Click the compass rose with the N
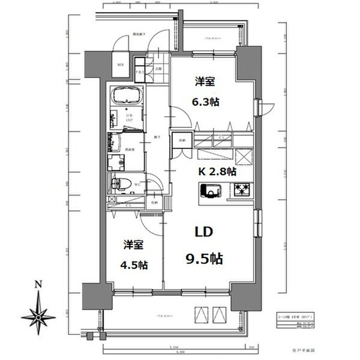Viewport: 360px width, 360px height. (x=38, y=315)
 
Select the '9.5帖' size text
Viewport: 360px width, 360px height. (x=203, y=259)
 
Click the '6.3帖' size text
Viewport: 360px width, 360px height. (x=206, y=101)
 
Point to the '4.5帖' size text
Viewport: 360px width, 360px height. (x=136, y=265)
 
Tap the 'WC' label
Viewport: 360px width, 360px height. (x=137, y=184)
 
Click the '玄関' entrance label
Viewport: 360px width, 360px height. (x=158, y=68)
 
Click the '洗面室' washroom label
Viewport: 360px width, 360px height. (x=128, y=151)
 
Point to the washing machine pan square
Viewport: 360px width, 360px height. (x=116, y=163)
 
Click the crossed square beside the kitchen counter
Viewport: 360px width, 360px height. (x=244, y=156)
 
